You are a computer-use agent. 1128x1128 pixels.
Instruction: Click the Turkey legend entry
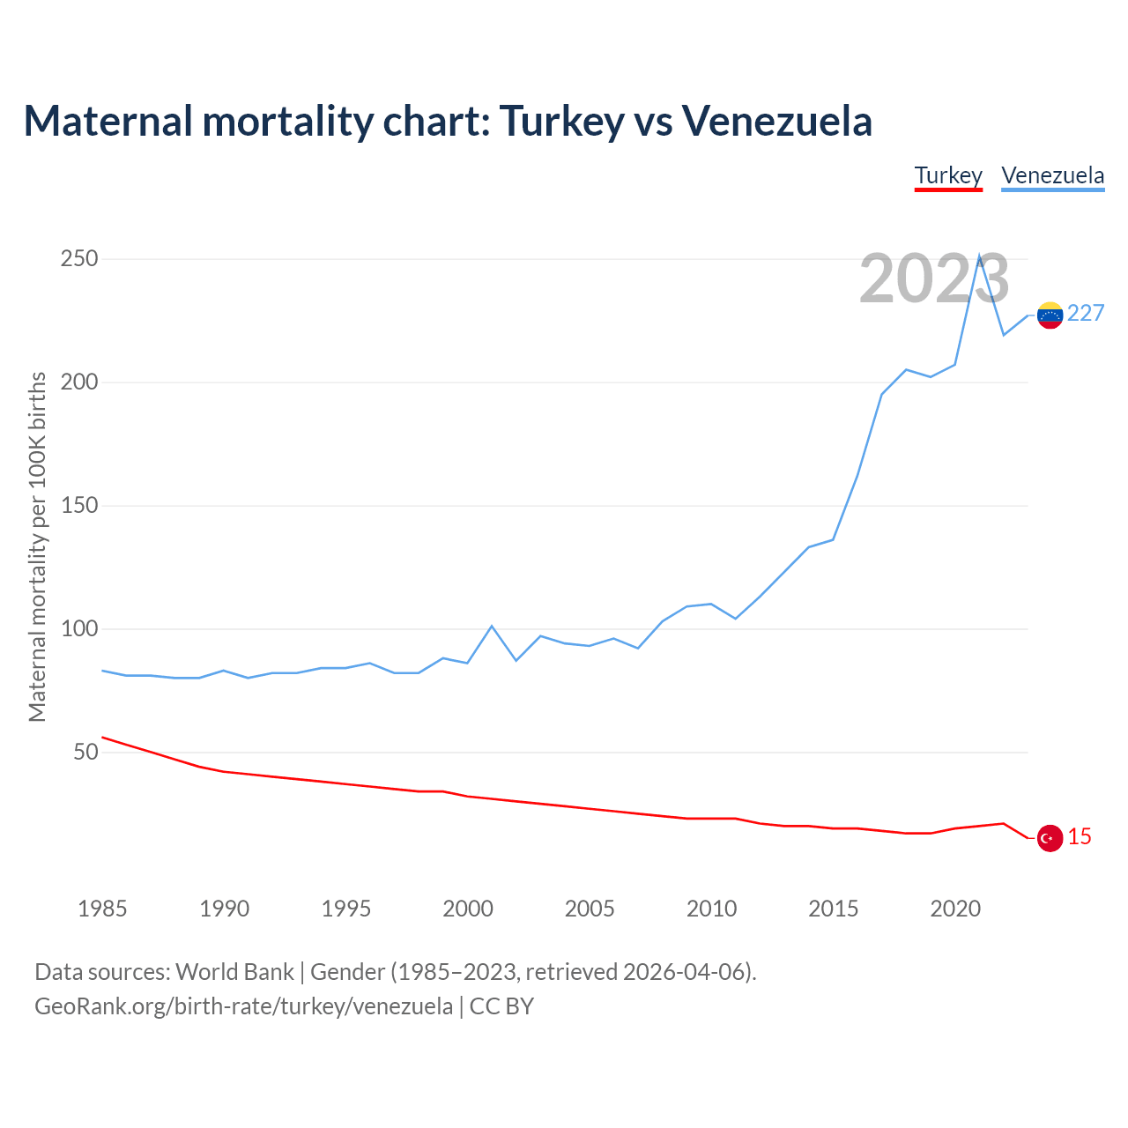pos(948,176)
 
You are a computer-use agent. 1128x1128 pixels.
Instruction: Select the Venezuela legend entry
pos(1052,176)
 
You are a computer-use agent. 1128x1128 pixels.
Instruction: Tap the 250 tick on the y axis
pos(79,259)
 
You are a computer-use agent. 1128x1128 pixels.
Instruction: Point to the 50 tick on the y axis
pos(85,753)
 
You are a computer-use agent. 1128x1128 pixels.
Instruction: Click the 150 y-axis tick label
pos(79,506)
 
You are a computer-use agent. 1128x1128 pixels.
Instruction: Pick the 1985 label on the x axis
pos(102,909)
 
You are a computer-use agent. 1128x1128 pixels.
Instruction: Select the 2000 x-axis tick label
pos(468,909)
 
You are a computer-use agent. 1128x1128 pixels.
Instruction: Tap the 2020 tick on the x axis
pos(955,909)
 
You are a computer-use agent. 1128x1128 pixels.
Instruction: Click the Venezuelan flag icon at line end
pos(1050,315)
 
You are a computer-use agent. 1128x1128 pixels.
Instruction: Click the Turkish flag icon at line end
pos(1050,838)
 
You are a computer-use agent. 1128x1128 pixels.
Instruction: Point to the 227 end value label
pos(1086,314)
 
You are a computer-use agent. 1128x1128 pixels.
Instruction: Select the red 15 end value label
pos(1080,837)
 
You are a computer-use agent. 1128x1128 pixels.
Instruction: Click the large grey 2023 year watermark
pos(934,279)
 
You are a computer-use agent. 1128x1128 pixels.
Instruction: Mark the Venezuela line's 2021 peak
pos(979,256)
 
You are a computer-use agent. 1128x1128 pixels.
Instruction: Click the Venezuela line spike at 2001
pos(492,626)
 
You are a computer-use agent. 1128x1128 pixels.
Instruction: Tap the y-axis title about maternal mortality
pos(37,546)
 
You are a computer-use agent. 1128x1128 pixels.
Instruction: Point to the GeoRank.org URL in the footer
pos(243,1006)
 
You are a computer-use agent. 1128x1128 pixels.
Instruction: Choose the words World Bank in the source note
pos(234,972)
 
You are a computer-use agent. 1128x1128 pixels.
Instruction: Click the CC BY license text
pos(501,1006)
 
